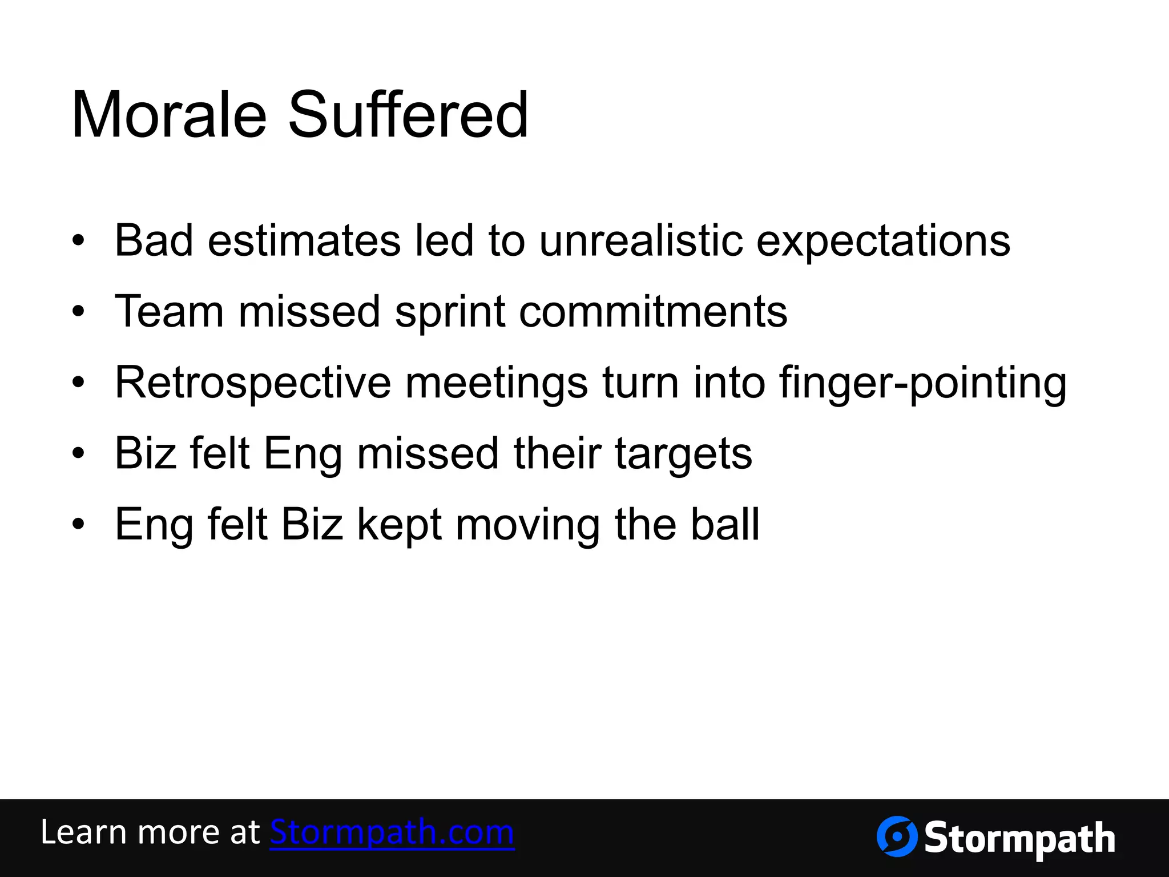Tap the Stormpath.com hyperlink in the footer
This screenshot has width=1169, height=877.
pyautogui.click(x=392, y=832)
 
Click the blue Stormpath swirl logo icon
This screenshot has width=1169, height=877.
pyautogui.click(x=897, y=836)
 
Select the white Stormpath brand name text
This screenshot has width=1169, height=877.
pyautogui.click(x=1019, y=839)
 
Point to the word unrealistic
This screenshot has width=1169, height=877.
pyautogui.click(x=641, y=240)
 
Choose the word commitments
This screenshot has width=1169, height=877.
pyautogui.click(x=653, y=311)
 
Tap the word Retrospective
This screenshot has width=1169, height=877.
pyautogui.click(x=253, y=383)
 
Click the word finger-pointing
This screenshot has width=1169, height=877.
pyautogui.click(x=922, y=383)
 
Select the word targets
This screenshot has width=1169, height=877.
pyautogui.click(x=683, y=454)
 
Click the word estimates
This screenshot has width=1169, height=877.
pyautogui.click(x=304, y=240)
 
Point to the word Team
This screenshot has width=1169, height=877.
pyautogui.click(x=169, y=311)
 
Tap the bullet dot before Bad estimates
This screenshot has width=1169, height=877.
pyautogui.click(x=79, y=241)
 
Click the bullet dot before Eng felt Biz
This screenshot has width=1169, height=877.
pyautogui.click(x=79, y=525)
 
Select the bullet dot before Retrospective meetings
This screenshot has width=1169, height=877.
pyautogui.click(x=79, y=383)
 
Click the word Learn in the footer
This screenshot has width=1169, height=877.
pyautogui.click(x=83, y=832)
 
